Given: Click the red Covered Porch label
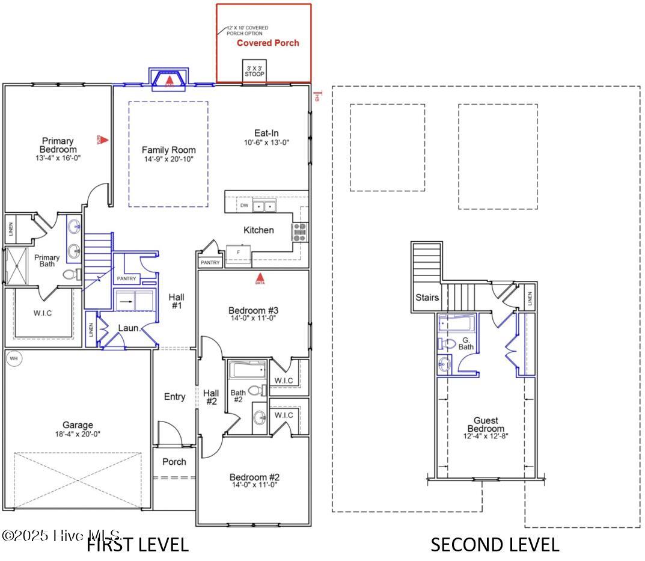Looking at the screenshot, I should [267, 43].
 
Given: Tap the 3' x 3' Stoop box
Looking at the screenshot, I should [254, 72].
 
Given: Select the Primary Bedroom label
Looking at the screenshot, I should [58, 146].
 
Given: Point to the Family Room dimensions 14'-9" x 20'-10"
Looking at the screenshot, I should [168, 159].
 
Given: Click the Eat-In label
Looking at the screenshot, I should [266, 133].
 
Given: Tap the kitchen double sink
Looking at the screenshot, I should [264, 206].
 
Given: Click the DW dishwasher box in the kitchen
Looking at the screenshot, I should [243, 206].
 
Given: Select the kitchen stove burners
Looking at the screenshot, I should [299, 231].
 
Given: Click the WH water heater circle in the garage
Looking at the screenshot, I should [13, 360].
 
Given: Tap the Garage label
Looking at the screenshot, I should [78, 425].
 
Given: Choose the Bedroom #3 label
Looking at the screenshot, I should [252, 310].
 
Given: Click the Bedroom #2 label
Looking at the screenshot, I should [254, 477].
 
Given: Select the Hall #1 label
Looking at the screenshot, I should [176, 301].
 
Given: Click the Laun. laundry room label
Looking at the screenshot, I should [129, 328].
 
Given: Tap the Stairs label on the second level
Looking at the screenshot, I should [427, 297].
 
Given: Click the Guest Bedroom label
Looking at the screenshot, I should [486, 425].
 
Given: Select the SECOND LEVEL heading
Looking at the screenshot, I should [494, 545].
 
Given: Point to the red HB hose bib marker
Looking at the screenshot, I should [317, 96].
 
